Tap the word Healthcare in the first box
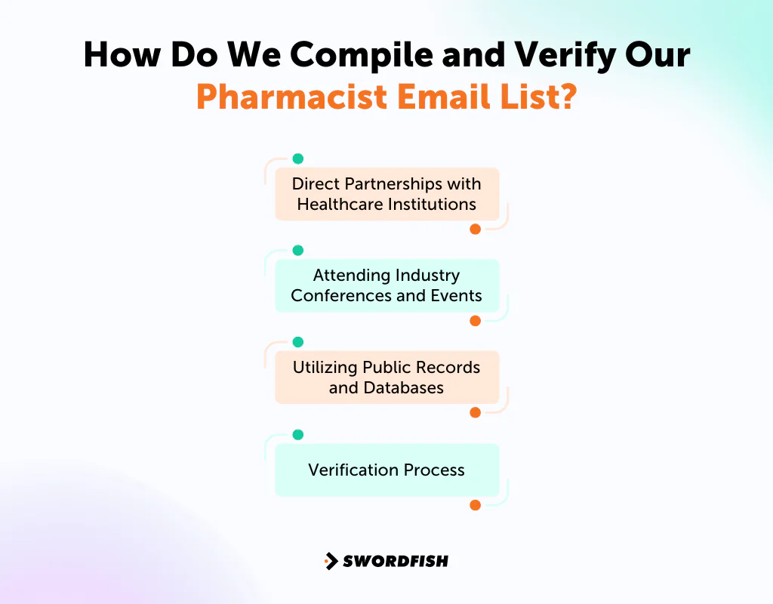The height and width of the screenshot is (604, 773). [338, 204]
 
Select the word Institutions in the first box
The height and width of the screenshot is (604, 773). [430, 204]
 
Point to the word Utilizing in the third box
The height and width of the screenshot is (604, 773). [325, 367]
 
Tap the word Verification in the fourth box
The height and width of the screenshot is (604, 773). [353, 470]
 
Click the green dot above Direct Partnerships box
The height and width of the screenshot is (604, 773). [297, 159]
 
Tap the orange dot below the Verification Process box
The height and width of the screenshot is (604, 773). [475, 505]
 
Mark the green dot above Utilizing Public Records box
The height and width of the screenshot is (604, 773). [297, 343]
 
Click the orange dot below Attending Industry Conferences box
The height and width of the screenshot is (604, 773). [475, 321]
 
